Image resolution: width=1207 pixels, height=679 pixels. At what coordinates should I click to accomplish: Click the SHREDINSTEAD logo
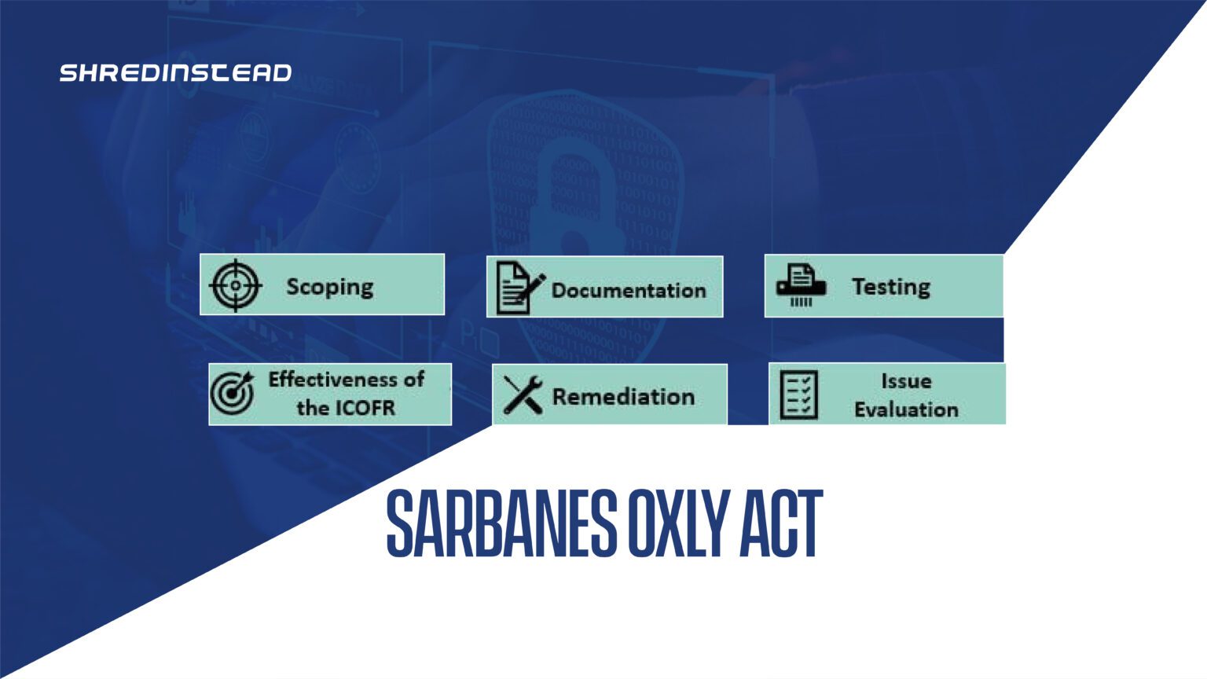[x=176, y=73]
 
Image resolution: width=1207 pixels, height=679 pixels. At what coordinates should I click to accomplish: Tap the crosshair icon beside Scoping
[x=236, y=285]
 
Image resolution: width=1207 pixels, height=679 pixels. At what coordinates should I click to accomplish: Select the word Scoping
[x=330, y=287]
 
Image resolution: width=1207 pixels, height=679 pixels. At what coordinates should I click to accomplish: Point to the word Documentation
[x=629, y=291]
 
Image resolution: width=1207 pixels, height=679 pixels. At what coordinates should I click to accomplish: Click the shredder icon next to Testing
[x=801, y=285]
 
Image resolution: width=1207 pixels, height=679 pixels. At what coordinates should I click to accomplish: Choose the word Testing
[x=891, y=287]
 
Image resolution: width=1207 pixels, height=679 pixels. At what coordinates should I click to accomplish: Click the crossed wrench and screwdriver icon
[x=523, y=395]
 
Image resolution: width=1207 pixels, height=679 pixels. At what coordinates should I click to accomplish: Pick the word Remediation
[x=623, y=397]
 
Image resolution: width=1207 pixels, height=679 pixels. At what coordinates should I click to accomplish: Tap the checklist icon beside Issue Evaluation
[x=799, y=395]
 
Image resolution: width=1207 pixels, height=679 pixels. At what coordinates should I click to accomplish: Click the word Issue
[x=906, y=381]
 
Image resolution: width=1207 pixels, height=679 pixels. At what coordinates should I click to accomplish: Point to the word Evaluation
[x=906, y=410]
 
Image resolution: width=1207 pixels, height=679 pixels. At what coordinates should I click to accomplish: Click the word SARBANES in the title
[x=501, y=523]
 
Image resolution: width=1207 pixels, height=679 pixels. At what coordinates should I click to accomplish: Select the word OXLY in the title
[x=680, y=523]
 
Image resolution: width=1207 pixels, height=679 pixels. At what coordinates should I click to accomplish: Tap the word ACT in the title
[x=781, y=523]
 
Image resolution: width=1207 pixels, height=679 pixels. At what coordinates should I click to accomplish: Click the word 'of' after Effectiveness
[x=414, y=380]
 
